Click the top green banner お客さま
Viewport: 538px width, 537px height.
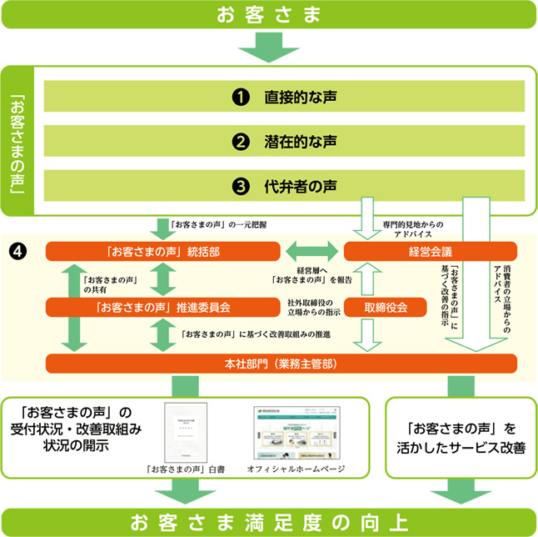268,13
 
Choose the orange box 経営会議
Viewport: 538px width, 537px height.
431,251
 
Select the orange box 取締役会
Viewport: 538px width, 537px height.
386,307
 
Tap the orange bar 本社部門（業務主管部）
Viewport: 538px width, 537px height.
281,364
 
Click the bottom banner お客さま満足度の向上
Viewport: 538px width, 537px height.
268,523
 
